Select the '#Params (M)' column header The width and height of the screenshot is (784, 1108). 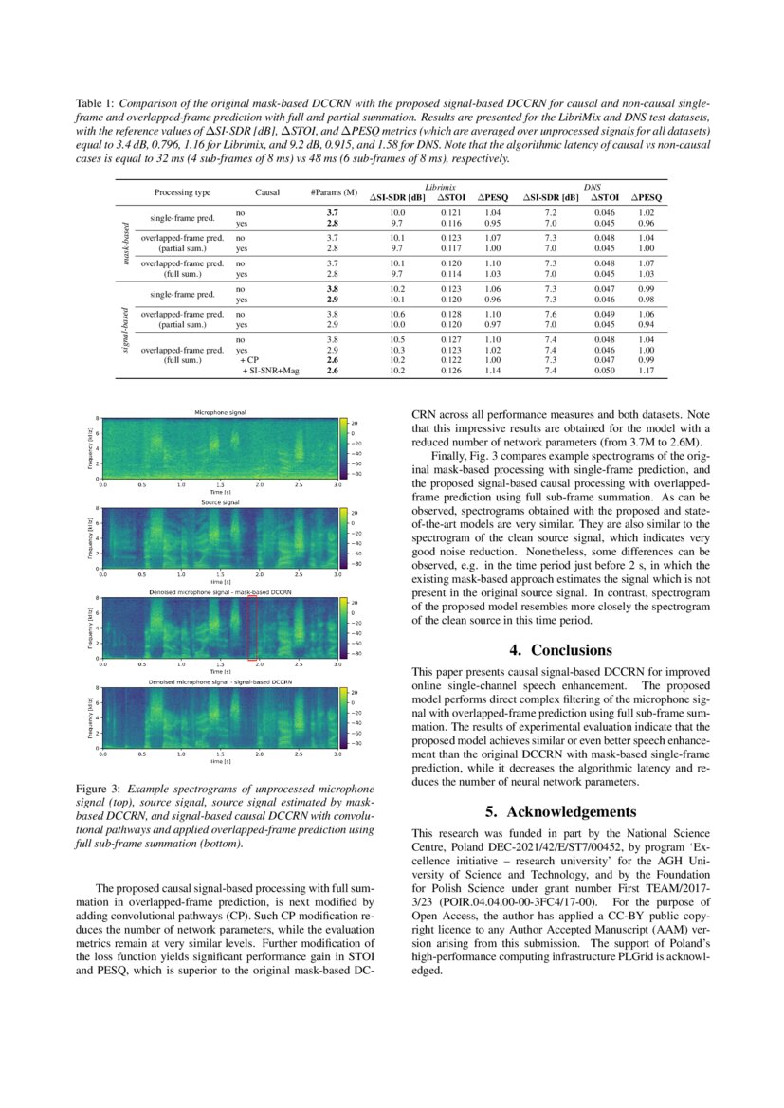coord(334,192)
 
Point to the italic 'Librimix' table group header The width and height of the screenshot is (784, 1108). coord(438,187)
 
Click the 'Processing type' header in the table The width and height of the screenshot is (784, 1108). coord(182,192)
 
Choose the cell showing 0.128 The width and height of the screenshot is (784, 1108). coord(450,312)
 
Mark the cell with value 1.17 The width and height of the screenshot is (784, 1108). coord(646,372)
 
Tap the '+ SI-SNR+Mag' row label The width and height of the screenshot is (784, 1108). coord(270,372)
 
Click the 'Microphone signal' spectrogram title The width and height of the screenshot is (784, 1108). coord(220,413)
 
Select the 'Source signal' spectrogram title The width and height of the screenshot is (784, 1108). coord(220,502)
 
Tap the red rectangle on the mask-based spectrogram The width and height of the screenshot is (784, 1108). coord(252,628)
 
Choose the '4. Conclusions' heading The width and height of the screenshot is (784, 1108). coord(558,650)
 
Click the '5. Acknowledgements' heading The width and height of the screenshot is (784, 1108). coord(558,811)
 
